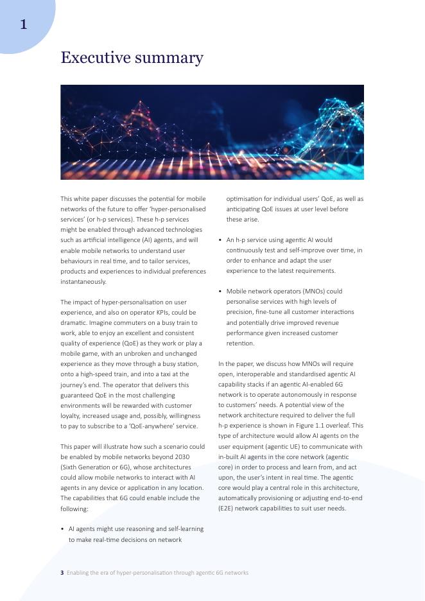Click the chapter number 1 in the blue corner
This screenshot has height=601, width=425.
point(23,24)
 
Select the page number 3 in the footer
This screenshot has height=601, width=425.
point(62,573)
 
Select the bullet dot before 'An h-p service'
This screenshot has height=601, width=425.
point(220,240)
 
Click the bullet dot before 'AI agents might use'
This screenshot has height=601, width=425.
point(62,529)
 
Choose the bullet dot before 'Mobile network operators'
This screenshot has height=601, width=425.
point(220,292)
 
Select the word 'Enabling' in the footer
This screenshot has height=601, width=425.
point(78,573)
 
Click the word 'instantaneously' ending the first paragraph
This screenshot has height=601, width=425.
point(83,282)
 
